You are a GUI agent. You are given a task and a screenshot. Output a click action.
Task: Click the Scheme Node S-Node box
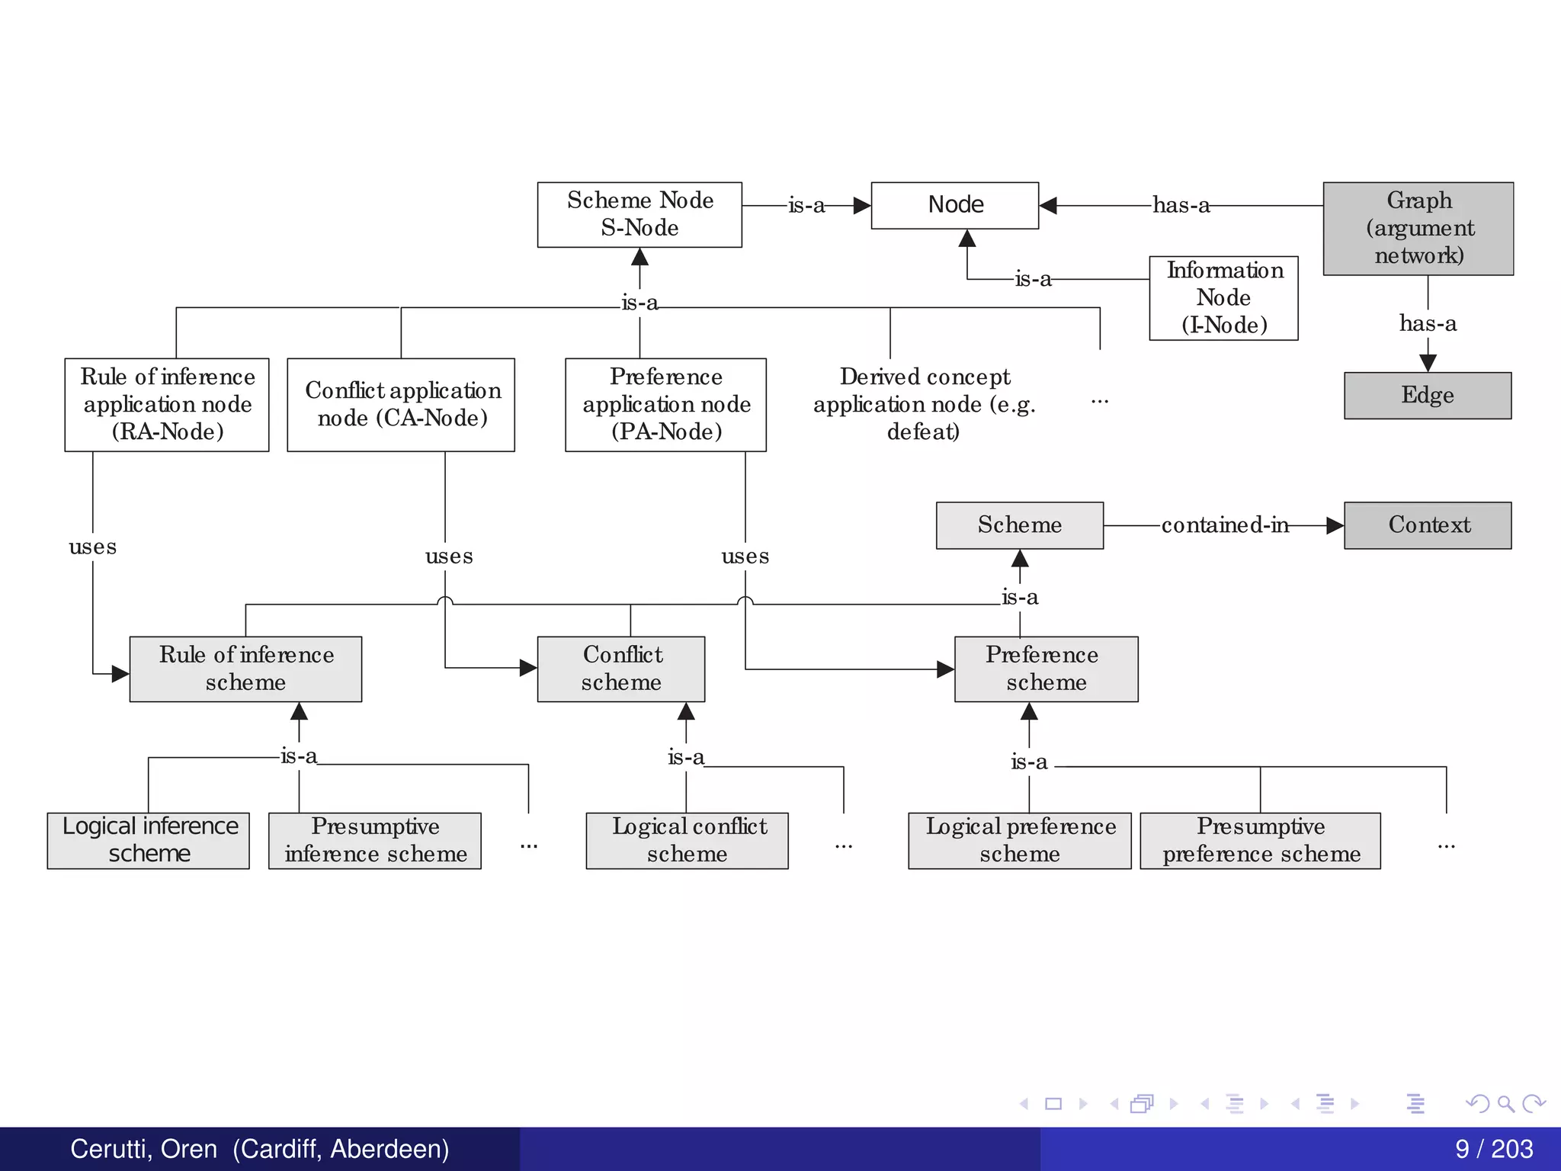[639, 214]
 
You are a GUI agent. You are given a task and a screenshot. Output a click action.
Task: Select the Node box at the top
[954, 205]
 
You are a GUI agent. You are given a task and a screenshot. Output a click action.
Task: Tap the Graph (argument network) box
[1418, 228]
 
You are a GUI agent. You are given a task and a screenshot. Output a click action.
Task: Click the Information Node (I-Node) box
[1223, 298]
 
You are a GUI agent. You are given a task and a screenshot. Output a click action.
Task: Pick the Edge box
[1427, 395]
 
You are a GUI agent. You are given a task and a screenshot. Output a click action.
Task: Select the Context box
[1427, 525]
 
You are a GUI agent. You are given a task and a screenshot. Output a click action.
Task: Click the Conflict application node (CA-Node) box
[401, 404]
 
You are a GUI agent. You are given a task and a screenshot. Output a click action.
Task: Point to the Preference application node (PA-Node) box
[665, 404]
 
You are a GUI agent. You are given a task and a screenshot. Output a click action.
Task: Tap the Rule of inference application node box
[167, 404]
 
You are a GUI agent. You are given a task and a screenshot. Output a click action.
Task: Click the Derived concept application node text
[924, 404]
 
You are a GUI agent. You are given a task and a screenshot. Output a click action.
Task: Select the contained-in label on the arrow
[1224, 525]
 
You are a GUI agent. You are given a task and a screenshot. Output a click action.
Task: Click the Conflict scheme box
[620, 669]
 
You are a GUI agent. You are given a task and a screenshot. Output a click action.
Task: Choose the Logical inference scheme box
[149, 840]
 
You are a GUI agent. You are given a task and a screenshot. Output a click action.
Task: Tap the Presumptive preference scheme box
[1260, 840]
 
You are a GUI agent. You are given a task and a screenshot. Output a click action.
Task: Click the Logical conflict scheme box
[687, 840]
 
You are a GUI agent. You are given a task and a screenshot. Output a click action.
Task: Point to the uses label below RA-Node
[92, 547]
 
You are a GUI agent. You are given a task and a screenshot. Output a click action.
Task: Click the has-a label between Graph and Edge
[1427, 323]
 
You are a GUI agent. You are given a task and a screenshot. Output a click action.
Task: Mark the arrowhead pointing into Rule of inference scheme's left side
[120, 673]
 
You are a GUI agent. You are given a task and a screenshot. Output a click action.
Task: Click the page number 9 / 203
[1493, 1149]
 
